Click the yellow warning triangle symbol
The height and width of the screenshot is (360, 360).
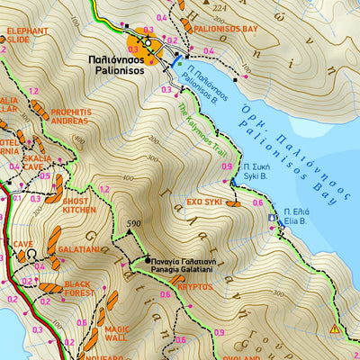tap(335, 329)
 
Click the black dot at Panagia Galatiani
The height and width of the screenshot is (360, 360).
tap(148, 262)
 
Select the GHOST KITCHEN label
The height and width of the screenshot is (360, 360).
tap(79, 205)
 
